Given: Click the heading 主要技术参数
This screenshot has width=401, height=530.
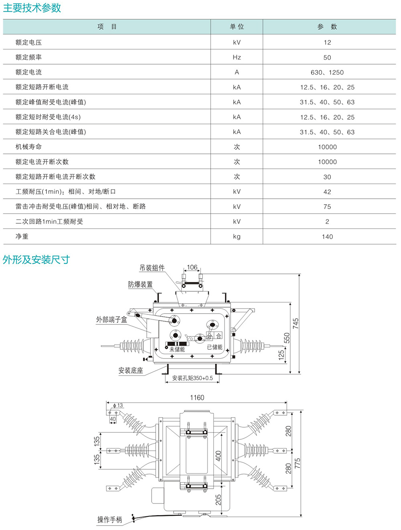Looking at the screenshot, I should coord(32,8).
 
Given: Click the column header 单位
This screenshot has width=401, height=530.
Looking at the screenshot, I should coord(237,27).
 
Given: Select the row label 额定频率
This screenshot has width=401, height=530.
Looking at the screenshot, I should coord(28,57).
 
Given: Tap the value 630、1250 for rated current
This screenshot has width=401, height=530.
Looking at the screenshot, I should coord(327,72).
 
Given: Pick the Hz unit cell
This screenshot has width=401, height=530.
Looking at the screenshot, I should coord(237,57).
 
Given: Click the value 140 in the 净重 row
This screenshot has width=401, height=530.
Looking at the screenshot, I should coord(327,236).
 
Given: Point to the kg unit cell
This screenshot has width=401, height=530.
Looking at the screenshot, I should coord(237,236).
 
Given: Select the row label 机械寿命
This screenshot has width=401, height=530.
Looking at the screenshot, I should coord(28,147).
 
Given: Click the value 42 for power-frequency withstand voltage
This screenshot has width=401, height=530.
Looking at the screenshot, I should coord(327,192).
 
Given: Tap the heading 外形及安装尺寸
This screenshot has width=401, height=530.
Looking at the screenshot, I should coord(36,260).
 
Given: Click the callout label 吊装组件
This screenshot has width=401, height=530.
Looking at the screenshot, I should coord(152,268).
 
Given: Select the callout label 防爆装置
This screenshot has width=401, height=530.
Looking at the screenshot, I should coord(140,284).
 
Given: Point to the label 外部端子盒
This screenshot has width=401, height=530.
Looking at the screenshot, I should coord(111,320).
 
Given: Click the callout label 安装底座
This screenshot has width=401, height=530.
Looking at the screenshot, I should coord(131,371).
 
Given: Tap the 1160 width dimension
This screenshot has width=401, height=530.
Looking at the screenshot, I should coord(197,397).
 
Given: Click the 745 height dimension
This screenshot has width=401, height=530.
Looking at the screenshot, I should coord(296,324).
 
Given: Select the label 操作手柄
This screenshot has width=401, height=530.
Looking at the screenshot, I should coord(109,520).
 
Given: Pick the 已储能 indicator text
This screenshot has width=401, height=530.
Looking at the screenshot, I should coord(215,347).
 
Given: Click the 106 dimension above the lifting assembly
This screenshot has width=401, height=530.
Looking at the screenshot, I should coord(192,267).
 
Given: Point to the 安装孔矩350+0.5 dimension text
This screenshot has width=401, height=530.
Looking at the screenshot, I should coord(192,378).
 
